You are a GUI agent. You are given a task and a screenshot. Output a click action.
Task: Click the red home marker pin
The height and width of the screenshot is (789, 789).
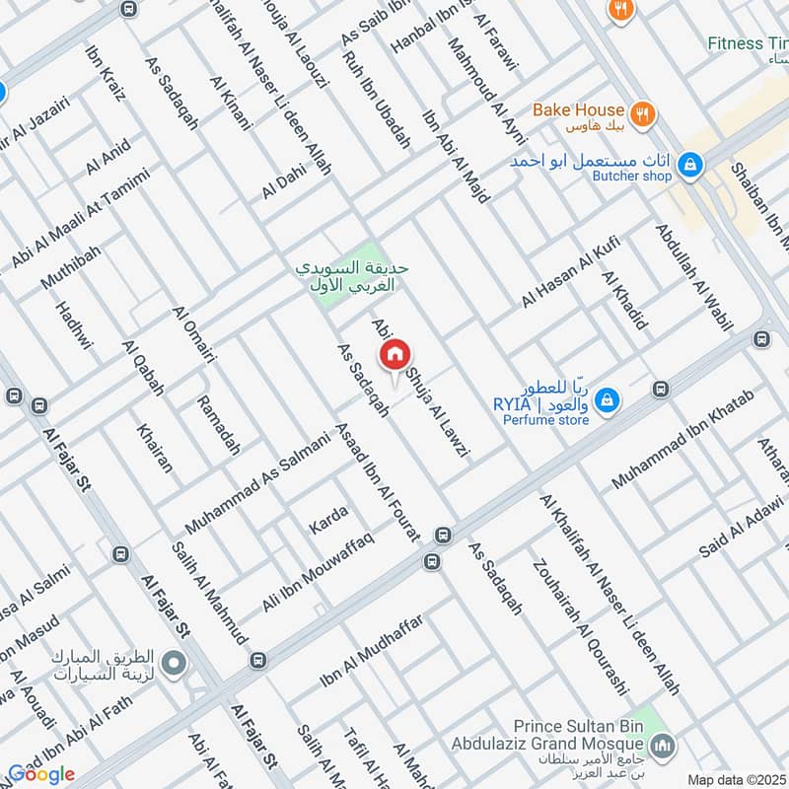(394, 354)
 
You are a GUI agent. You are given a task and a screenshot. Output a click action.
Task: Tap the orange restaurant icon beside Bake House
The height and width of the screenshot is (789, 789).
(642, 111)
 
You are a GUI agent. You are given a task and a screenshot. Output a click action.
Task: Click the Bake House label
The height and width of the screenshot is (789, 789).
(579, 110)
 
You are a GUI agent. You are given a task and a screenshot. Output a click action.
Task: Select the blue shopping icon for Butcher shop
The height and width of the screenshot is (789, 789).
(690, 162)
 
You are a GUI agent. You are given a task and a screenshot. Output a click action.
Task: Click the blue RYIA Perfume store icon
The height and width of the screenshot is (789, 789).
(609, 398)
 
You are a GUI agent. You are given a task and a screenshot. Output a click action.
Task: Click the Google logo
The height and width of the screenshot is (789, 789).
(42, 774)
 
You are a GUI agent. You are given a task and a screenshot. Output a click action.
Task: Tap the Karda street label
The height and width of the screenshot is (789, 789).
(328, 516)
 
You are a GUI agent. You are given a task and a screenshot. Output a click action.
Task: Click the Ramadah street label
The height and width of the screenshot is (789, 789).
(218, 424)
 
